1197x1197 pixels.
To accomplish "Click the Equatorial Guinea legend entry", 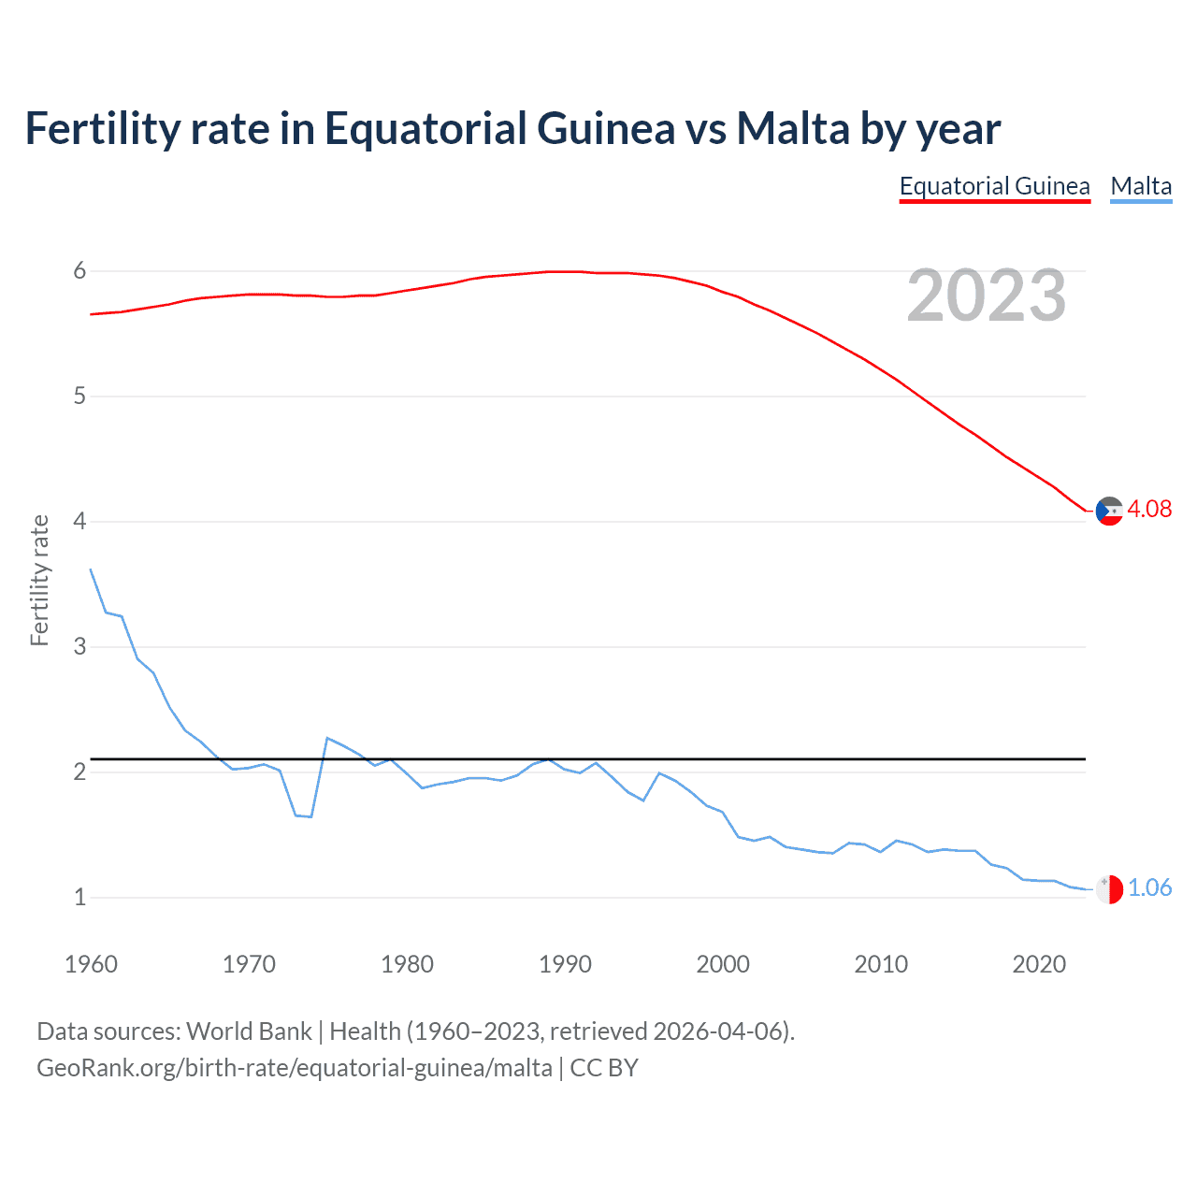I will tap(994, 187).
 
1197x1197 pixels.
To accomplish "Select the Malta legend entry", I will tap(1141, 187).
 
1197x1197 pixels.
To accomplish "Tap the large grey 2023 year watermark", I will tap(986, 296).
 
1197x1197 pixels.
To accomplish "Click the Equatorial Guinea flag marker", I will tap(1108, 511).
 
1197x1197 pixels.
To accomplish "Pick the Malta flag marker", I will tap(1108, 889).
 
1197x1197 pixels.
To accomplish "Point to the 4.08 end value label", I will tap(1148, 509).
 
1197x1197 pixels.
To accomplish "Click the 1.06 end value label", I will tap(1149, 887).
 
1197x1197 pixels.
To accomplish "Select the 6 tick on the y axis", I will tap(79, 271).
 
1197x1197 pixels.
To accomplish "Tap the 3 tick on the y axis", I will tap(79, 647).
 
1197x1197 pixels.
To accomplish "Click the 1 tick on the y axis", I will tap(79, 898).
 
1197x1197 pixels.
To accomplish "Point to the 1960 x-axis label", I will tap(91, 964).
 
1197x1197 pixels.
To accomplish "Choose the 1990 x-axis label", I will tap(565, 964).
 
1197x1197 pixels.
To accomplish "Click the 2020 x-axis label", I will tap(1039, 964).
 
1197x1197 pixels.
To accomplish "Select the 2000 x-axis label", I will tap(723, 964).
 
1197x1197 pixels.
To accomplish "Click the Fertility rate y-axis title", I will tap(39, 580).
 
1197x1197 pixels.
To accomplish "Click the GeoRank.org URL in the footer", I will tap(295, 1068).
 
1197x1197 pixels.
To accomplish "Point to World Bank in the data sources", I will tap(249, 1031).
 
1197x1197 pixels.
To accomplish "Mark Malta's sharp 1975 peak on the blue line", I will tap(327, 738).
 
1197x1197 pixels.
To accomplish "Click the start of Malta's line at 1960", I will tap(91, 570).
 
